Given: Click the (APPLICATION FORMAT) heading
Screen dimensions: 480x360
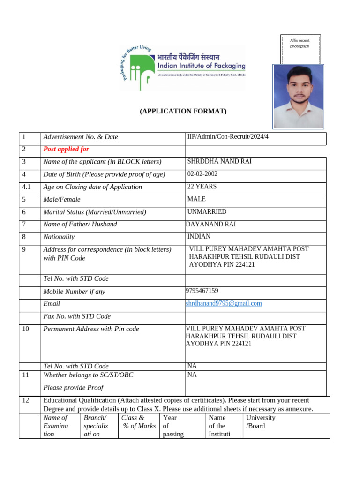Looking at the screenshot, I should click(183, 111).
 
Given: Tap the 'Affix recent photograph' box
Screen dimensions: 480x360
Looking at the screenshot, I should click(300, 49).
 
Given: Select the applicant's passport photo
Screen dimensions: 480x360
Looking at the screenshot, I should click(299, 96).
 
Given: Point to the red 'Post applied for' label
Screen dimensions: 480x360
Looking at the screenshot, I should click(66, 150).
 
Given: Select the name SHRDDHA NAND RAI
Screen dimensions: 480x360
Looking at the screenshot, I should click(219, 162).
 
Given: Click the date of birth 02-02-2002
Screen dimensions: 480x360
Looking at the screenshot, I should click(202, 174).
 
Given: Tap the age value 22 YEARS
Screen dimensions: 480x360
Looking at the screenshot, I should click(202, 187).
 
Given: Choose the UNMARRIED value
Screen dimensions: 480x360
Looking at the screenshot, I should click(207, 212).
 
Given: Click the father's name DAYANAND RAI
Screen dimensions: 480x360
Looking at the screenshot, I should click(211, 225).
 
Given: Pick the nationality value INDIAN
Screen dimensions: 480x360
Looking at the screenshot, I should click(199, 237).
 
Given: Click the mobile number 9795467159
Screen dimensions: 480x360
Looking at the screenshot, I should click(202, 291).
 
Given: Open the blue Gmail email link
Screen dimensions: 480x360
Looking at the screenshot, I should click(224, 304).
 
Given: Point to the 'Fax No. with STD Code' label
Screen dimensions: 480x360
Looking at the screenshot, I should click(77, 316).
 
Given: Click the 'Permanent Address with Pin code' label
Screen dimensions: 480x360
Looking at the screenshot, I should click(91, 329).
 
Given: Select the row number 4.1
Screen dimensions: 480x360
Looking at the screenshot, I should click(26, 187).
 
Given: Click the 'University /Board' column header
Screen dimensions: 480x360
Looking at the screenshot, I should click(261, 422).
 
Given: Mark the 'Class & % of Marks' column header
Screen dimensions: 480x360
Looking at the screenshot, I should click(138, 422).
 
